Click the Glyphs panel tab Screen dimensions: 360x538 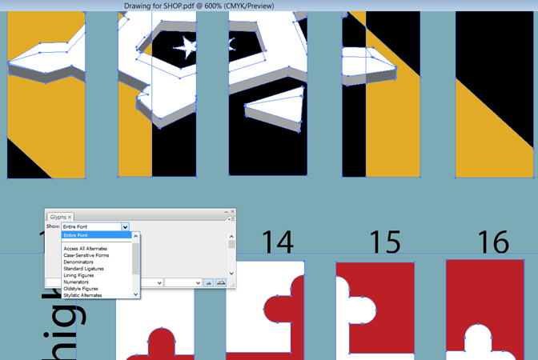click(x=58, y=217)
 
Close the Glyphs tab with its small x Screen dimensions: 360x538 click(x=70, y=217)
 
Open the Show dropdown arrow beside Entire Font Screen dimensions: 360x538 click(x=125, y=227)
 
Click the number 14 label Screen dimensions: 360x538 click(x=276, y=242)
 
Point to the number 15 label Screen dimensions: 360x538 click(x=385, y=242)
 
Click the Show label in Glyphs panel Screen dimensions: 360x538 click(x=53, y=227)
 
